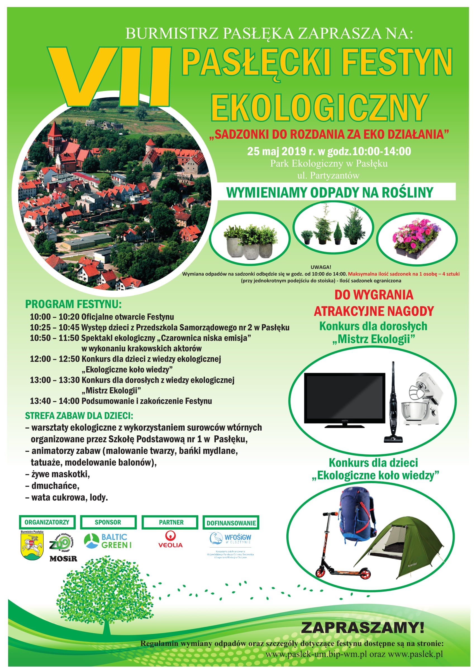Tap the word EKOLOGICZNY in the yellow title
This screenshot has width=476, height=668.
(x=320, y=108)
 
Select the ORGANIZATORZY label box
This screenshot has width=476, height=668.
(x=47, y=523)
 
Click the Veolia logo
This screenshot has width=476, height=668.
(x=170, y=539)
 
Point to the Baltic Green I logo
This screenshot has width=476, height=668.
(x=108, y=541)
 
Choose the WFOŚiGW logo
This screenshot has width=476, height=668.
(x=230, y=539)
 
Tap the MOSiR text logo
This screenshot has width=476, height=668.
(x=63, y=559)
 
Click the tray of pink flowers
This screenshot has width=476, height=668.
(x=416, y=238)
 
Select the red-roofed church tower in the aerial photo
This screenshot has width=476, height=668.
(x=54, y=141)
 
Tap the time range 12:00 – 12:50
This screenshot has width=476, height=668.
(x=55, y=359)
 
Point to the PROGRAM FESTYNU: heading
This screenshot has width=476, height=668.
(x=73, y=305)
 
